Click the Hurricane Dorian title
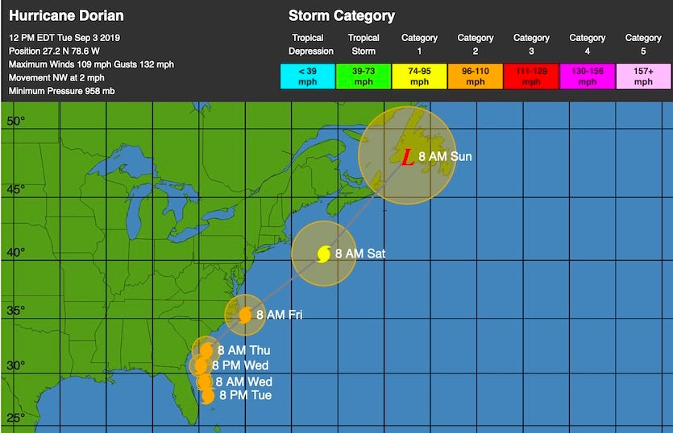(x=66, y=16)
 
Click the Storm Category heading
(x=342, y=16)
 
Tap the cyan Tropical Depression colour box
(x=307, y=76)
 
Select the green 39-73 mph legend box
(x=364, y=76)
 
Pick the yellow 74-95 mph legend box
(x=419, y=76)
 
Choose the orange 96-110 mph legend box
(x=476, y=76)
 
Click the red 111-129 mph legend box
(x=531, y=76)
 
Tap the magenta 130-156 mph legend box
(x=588, y=76)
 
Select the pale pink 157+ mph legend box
(x=643, y=76)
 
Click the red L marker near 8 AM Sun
(x=408, y=157)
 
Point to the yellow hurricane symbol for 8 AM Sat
(x=323, y=254)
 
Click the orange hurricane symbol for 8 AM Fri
(x=245, y=315)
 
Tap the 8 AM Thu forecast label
(x=248, y=350)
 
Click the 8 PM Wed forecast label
(x=246, y=365)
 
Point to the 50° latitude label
(x=17, y=122)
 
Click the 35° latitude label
(x=17, y=311)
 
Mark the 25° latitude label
(x=17, y=418)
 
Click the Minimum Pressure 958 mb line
(x=62, y=91)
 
